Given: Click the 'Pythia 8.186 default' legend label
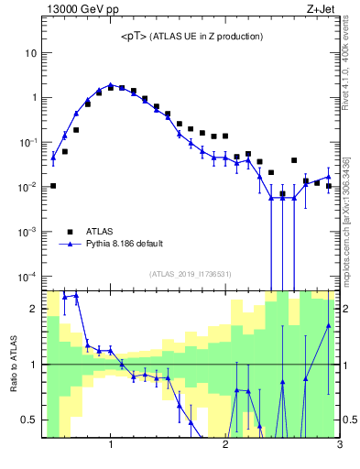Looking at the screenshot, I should click(125, 244).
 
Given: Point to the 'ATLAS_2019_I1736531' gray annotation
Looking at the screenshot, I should click(191, 273).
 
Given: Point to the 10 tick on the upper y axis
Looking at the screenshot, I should click(30, 53).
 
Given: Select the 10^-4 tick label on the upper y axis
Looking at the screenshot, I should click(27, 277).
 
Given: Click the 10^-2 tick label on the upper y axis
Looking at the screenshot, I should click(27, 187).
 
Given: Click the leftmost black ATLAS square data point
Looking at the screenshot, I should click(53, 186).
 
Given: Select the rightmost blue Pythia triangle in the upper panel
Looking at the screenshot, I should click(328, 178).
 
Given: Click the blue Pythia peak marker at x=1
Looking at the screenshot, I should click(111, 84).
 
